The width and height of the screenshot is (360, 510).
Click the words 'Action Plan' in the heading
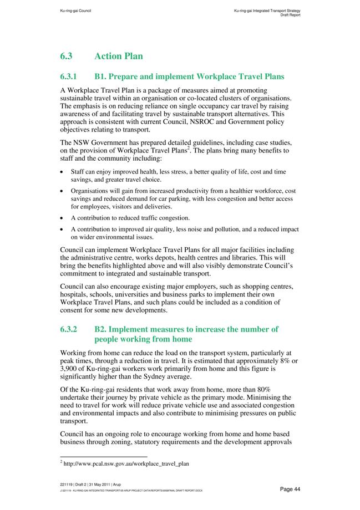(x=119, y=56)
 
